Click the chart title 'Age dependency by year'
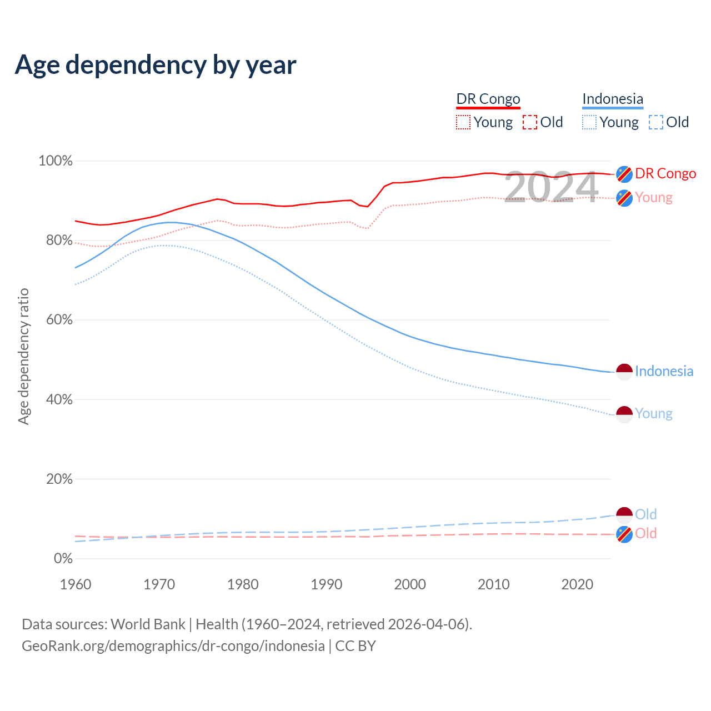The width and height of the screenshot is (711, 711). (x=156, y=65)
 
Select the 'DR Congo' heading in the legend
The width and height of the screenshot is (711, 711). (x=488, y=99)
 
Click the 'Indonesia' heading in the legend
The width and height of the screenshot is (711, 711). (x=613, y=99)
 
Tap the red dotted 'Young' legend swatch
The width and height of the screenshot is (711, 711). (x=463, y=122)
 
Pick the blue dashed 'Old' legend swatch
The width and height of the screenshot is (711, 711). (x=656, y=122)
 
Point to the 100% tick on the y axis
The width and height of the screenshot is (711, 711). (x=56, y=161)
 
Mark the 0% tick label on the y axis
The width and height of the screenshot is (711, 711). (x=63, y=559)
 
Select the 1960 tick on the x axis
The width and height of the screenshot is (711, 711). (x=76, y=584)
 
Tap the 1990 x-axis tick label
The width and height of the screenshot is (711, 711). (x=327, y=584)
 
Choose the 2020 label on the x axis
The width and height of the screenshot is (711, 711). (x=577, y=584)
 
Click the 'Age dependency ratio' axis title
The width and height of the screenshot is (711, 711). (x=23, y=356)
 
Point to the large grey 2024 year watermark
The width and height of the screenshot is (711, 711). (x=551, y=187)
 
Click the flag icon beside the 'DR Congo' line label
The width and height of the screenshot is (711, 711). (x=624, y=174)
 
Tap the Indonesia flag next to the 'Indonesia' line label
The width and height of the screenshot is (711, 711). (x=624, y=372)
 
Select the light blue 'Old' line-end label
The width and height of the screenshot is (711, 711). (x=646, y=514)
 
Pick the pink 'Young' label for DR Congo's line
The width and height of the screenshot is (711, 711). (x=654, y=198)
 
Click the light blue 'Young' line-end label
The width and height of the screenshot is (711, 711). (x=654, y=414)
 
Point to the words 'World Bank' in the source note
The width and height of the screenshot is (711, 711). (x=148, y=624)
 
